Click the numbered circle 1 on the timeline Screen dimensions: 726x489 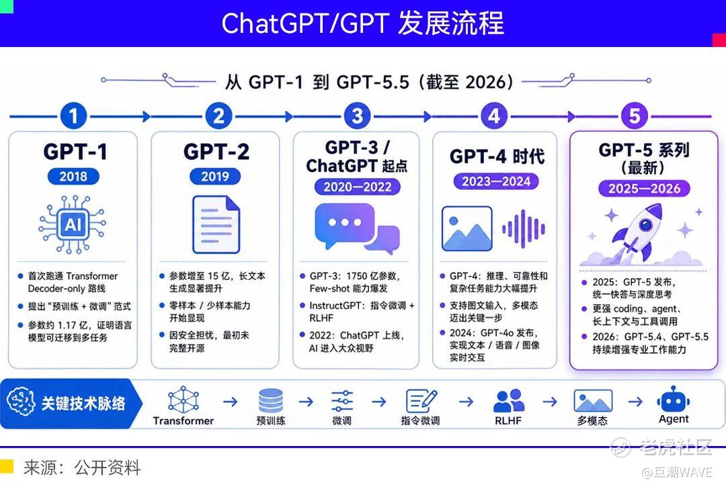73,116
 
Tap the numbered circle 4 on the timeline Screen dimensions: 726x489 494,116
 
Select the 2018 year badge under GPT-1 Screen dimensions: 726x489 73,176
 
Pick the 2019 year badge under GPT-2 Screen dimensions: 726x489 215,176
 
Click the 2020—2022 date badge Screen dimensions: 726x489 357,187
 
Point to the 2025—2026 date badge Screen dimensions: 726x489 644,188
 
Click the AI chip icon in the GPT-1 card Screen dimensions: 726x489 72,224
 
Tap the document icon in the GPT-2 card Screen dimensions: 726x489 216,224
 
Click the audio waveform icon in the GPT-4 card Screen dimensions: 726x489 524,228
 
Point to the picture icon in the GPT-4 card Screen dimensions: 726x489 467,228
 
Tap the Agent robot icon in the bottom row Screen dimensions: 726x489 673,399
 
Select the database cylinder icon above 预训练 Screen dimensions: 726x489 271,400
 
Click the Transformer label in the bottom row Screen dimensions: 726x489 184,420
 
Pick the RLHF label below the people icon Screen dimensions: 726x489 508,420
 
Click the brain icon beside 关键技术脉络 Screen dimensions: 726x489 21,402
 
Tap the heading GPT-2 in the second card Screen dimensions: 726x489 216,152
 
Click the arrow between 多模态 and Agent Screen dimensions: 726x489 635,401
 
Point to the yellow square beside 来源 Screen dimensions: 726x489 7,466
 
